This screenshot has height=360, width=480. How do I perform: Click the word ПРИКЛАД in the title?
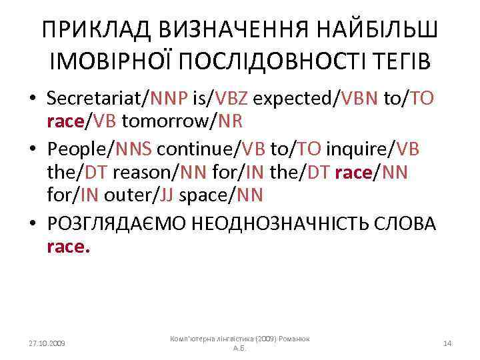point(89,30)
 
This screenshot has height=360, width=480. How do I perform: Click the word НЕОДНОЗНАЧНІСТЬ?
point(288,224)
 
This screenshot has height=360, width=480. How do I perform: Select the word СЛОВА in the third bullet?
point(408,224)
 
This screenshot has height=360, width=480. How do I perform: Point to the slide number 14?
point(447,343)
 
